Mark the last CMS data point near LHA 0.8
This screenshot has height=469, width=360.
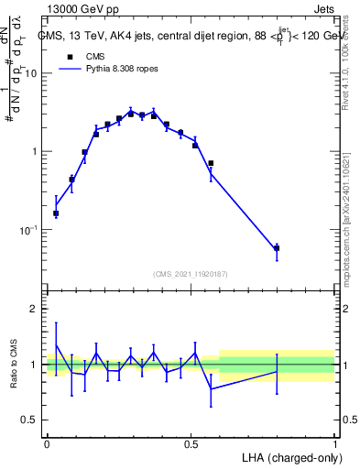click(x=277, y=247)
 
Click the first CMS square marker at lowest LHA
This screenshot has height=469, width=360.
click(x=56, y=213)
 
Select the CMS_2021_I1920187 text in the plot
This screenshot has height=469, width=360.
click(x=191, y=273)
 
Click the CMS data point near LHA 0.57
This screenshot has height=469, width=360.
click(x=211, y=163)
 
